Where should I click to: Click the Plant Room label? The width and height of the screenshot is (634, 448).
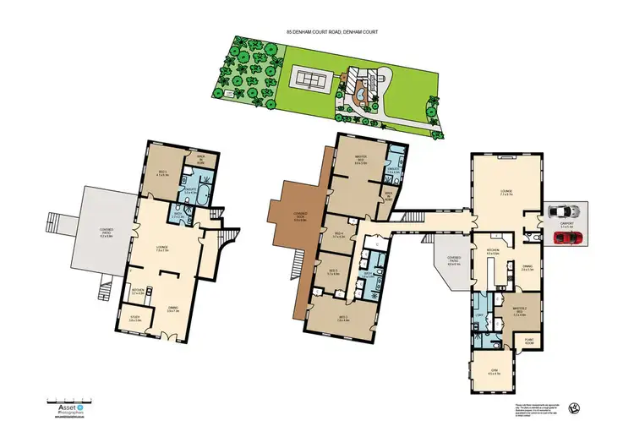(528, 341)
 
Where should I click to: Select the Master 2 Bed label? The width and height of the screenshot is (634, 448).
(520, 309)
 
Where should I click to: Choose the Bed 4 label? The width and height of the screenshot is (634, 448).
(338, 236)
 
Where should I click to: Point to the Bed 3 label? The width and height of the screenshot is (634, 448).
(332, 272)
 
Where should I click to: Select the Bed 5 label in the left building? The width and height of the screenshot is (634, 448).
(162, 173)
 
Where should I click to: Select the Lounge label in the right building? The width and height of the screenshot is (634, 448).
(506, 194)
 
